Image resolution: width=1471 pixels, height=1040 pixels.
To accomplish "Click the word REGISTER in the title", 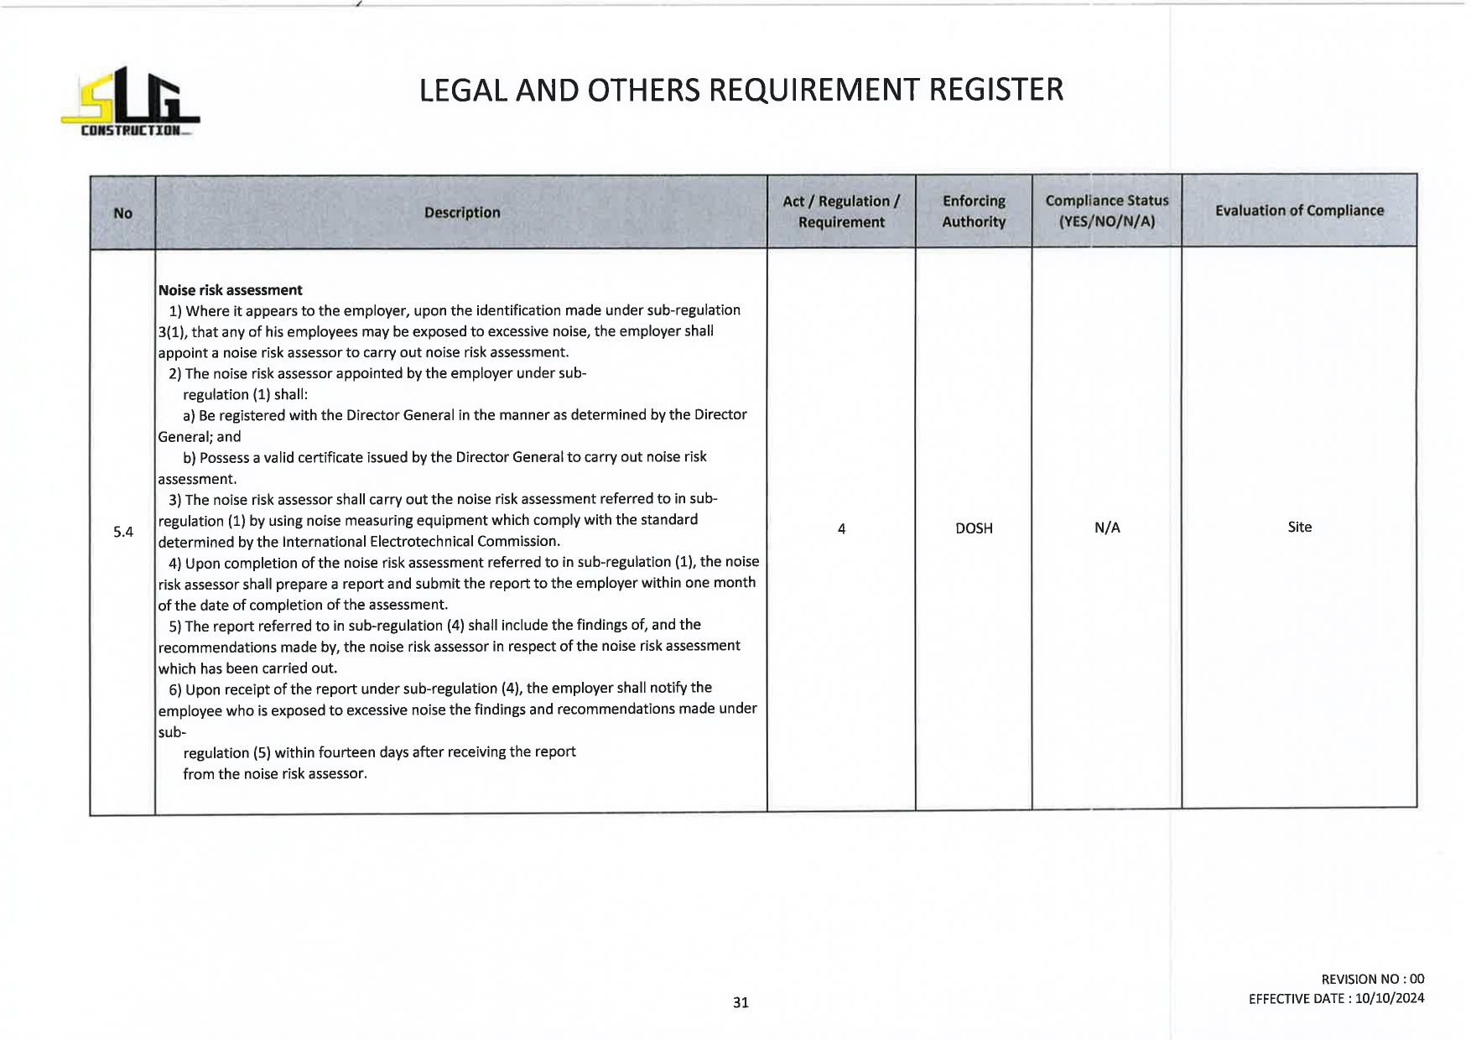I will coord(995,90).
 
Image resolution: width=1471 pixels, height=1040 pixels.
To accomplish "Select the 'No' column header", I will coord(122,213).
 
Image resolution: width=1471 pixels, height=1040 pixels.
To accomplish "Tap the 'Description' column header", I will coord(461,212).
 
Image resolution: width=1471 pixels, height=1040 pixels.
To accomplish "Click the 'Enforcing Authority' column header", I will coord(973,211).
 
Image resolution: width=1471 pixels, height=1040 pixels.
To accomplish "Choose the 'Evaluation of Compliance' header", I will coord(1298,211).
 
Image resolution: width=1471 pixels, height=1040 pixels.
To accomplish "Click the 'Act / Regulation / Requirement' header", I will coord(840,211).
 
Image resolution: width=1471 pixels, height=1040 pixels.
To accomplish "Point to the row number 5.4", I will coord(123,532).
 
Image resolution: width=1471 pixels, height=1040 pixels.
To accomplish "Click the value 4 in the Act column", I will coord(841,528).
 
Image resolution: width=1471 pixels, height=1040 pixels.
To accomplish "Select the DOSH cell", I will coord(974,528).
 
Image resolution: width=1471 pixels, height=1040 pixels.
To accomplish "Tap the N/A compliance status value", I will coord(1107,528).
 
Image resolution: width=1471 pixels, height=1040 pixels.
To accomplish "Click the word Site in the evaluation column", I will coord(1299,527).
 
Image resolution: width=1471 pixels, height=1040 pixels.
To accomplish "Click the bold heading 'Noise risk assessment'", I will coord(230,290).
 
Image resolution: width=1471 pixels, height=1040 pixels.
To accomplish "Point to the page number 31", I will coord(741,1002).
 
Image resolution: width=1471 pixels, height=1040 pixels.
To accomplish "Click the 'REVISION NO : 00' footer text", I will coord(1372,979).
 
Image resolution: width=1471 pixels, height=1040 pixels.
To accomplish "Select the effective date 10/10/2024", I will coord(1389,998).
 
